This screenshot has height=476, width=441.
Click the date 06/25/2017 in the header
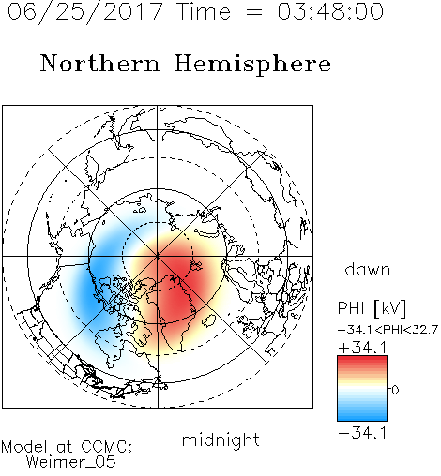point(85,12)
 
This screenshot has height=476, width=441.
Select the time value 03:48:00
point(330,11)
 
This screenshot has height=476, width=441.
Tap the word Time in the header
point(204,11)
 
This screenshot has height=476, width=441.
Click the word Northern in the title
point(100,63)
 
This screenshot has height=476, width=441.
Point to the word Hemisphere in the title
point(252,65)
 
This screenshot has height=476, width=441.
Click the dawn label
point(368,269)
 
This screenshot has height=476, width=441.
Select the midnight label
point(220,440)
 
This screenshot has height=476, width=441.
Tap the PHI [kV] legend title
point(372,308)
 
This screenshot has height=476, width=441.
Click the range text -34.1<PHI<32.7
point(388,330)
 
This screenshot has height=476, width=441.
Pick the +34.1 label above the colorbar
point(362,348)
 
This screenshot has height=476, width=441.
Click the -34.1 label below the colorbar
point(362,433)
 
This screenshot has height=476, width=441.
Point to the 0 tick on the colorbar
point(395,390)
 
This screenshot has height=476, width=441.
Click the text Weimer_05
point(71,462)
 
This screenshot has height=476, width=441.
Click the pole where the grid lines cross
point(158,257)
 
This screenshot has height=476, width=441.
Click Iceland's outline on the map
point(208,320)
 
